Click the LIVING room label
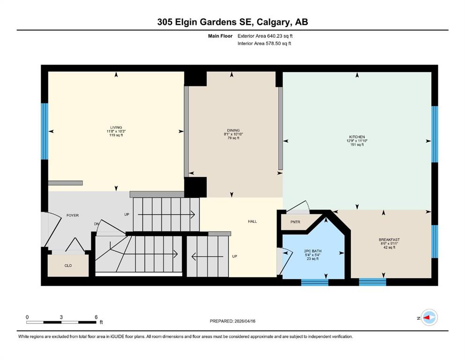[x=116, y=127]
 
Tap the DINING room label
[x=233, y=130]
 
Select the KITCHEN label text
[x=357, y=137]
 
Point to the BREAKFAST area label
[x=389, y=240]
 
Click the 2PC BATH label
[x=313, y=251]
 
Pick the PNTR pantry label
[x=295, y=222]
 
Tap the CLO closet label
[x=68, y=266]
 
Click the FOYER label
[x=73, y=216]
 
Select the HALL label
[x=252, y=221]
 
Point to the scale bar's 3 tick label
[x=61, y=317]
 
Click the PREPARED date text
[x=232, y=321]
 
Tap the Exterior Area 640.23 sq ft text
[x=265, y=36]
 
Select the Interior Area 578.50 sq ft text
[x=264, y=43]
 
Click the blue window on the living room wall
[x=44, y=131]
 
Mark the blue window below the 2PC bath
[x=315, y=282]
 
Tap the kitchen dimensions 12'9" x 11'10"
[x=357, y=141]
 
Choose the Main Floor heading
[x=221, y=36]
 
